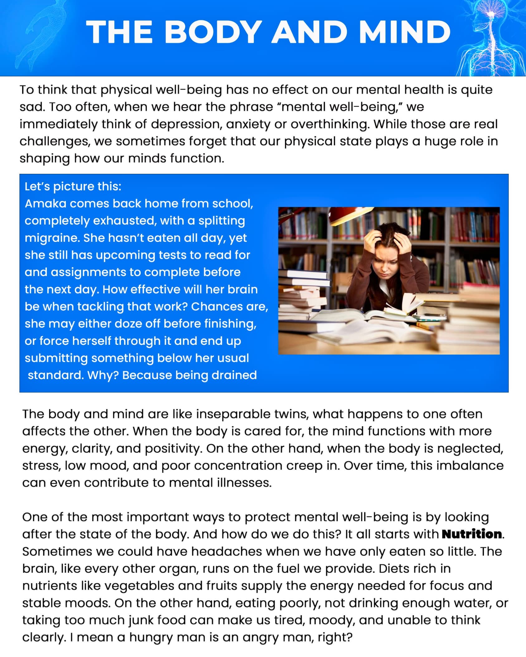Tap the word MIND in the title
click(x=405, y=32)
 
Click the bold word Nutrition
click(x=472, y=534)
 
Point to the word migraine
click(x=52, y=238)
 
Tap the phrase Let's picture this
click(x=73, y=186)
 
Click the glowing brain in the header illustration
click(x=491, y=14)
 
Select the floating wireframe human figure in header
click(x=41, y=34)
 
